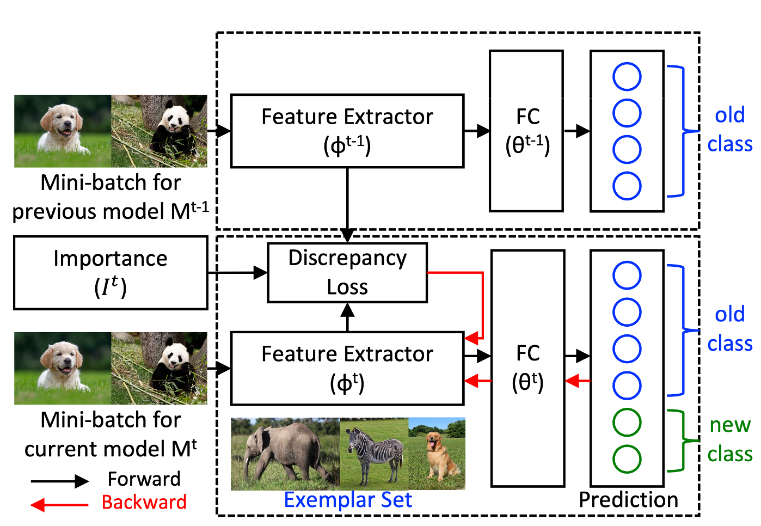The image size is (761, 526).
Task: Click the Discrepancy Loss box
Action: click(347, 272)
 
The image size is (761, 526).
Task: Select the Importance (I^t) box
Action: click(111, 272)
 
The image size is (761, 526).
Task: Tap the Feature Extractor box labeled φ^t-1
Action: click(347, 131)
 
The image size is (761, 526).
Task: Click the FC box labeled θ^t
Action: click(527, 368)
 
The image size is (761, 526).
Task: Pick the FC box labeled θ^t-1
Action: click(526, 131)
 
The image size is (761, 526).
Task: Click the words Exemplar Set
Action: click(348, 500)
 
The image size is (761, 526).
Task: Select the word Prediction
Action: click(628, 500)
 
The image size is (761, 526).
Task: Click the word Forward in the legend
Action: click(144, 479)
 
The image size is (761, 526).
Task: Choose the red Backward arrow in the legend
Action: click(59, 505)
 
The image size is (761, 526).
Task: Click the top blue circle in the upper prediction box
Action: click(627, 77)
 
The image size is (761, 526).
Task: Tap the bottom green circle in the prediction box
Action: click(627, 459)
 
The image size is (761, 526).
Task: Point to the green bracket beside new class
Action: click(680, 441)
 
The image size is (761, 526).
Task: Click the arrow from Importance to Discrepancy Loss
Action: click(238, 272)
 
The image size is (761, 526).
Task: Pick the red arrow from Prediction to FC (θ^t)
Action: click(578, 381)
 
